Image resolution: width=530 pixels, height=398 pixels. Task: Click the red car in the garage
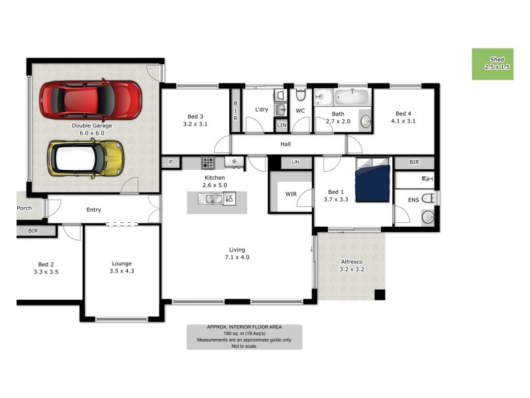tap(91, 99)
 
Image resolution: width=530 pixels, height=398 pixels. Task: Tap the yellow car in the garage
tap(86, 158)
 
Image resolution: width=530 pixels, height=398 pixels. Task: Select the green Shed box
tap(492, 64)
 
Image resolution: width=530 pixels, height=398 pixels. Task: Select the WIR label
tap(290, 194)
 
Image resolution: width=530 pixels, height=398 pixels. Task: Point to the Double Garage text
tap(92, 125)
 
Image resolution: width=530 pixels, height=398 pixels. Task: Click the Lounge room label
tap(121, 263)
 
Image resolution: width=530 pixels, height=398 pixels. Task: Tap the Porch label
tap(24, 208)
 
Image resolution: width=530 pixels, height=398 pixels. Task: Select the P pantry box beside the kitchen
tap(170, 161)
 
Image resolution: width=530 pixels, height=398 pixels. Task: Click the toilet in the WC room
tap(300, 95)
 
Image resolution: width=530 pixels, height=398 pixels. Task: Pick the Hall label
tap(286, 144)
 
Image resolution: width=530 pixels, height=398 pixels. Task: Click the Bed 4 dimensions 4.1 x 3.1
tap(403, 121)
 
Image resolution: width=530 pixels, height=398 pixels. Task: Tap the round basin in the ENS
tap(427, 216)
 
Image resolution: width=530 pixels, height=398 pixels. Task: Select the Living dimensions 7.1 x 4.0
tap(237, 257)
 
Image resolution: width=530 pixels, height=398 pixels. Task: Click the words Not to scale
tap(244, 346)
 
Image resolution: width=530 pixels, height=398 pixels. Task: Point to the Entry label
tap(93, 210)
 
